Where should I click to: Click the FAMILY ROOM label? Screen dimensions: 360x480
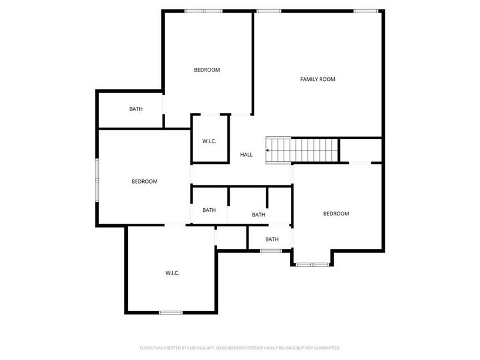[x=317, y=79]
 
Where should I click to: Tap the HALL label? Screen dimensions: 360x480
[x=246, y=155]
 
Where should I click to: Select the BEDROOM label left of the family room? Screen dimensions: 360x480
[x=206, y=70]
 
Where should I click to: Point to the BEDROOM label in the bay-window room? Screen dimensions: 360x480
[x=336, y=214]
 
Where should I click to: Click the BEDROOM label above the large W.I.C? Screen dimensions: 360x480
[x=145, y=181]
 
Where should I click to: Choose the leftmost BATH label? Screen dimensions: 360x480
[x=136, y=109]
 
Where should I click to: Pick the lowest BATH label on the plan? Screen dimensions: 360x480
[x=272, y=239]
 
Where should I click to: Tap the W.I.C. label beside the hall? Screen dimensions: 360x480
[x=209, y=141]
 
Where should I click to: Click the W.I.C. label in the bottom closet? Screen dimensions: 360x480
[x=172, y=273]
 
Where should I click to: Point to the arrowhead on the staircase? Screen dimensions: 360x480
[x=268, y=151]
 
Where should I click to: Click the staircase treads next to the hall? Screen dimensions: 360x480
[x=302, y=150]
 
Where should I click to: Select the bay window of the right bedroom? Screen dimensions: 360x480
[x=312, y=264]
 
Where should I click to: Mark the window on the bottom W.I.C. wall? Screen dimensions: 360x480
[x=171, y=313]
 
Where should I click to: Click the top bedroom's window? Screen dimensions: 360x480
[x=203, y=11]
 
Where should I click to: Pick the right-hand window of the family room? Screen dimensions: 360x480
[x=365, y=11]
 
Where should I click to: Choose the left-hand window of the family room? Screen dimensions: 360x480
[x=268, y=11]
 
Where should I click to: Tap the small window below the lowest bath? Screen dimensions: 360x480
[x=271, y=250]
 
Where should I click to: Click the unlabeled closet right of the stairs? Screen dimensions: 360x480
[x=361, y=150]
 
